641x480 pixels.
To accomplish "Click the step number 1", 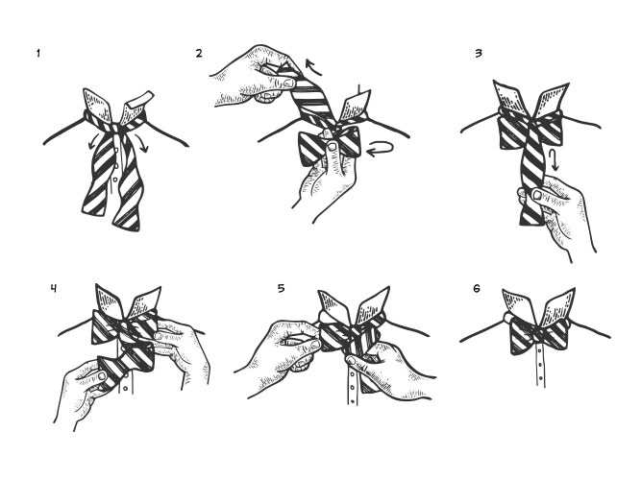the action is tap(38, 53).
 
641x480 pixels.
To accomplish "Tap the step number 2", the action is tap(199, 53).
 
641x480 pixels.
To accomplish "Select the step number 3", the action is tap(479, 53).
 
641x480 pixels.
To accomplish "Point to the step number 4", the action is tap(54, 288).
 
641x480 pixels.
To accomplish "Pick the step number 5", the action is tap(281, 288).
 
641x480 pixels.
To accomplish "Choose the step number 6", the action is tap(477, 289).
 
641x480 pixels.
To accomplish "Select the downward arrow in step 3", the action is tap(554, 160).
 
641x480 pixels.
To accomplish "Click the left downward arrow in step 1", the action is tap(93, 140).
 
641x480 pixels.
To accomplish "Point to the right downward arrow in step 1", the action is tap(142, 143).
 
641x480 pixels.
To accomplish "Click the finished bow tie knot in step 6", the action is tap(539, 335).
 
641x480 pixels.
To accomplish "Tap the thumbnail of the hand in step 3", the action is tap(536, 195).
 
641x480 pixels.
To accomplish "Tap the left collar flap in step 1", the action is tap(99, 105).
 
